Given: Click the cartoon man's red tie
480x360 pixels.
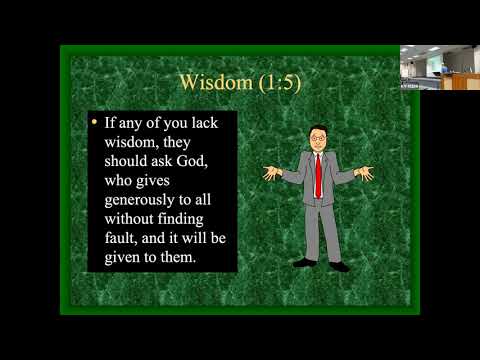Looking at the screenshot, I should pos(319,176).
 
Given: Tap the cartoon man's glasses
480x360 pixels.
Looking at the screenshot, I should pos(317,138).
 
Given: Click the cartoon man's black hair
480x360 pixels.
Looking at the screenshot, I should pos(317,129).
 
